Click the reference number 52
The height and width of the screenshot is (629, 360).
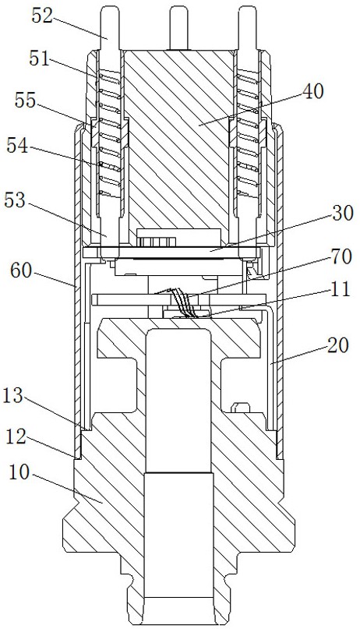click(x=43, y=17)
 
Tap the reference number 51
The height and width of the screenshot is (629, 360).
click(x=40, y=58)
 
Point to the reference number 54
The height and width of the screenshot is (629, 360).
click(x=18, y=146)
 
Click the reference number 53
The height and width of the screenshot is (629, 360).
click(x=16, y=201)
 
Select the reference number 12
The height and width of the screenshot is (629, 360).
click(x=17, y=436)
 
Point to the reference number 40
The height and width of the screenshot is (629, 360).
click(x=312, y=91)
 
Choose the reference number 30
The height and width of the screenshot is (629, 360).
click(x=342, y=214)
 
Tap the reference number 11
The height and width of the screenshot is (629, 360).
click(x=339, y=289)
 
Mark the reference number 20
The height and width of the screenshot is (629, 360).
click(x=337, y=345)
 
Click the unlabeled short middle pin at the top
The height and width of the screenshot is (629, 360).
click(x=178, y=29)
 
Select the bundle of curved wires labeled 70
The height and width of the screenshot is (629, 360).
click(x=183, y=303)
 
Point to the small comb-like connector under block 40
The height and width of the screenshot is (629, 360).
click(x=157, y=241)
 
